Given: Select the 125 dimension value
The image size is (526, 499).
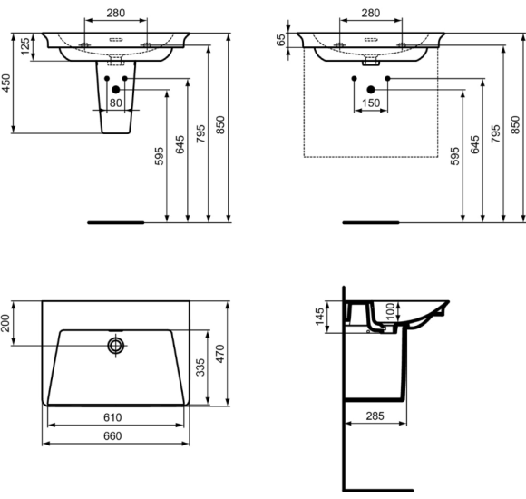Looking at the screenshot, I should [24, 46].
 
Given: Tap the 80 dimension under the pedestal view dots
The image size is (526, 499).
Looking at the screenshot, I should [115, 103].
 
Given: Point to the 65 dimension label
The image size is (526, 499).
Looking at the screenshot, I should [282, 40].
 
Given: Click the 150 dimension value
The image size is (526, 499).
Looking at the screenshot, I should [371, 103].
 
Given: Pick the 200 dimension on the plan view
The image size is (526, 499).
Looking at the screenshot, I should [8, 323].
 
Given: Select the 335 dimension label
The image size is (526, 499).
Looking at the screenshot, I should [200, 367].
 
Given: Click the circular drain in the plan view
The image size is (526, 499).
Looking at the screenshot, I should [116, 346].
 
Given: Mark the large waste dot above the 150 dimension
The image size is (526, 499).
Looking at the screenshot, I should [371, 89].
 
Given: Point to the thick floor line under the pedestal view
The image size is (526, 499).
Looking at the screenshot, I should [115, 221].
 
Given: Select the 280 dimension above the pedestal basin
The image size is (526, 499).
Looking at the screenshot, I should [115, 14].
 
